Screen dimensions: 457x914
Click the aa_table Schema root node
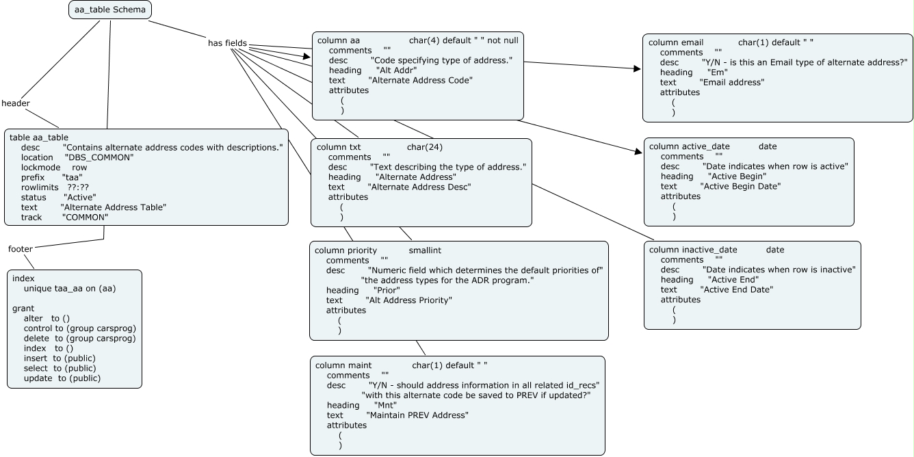(110, 10)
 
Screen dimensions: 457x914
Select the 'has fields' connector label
(227, 43)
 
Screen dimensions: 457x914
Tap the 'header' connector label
(15, 103)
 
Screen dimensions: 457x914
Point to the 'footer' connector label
(20, 249)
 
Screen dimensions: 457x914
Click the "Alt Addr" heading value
(396, 70)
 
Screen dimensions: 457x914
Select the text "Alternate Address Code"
(420, 80)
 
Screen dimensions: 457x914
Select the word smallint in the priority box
(430, 250)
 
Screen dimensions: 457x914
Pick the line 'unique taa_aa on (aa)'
(70, 288)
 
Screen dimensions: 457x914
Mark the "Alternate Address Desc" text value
(419, 187)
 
